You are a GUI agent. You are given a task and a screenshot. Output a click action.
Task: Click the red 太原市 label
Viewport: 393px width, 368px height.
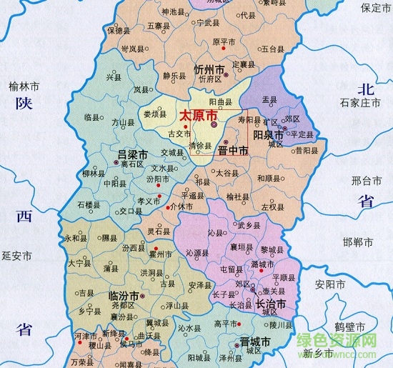(x=195, y=115)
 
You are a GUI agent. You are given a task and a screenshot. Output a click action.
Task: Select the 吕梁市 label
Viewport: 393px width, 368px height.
(x=132, y=154)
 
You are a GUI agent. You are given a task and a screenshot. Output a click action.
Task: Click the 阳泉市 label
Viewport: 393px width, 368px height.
(x=269, y=133)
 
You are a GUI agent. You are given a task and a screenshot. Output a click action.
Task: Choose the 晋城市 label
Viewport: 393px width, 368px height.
(x=254, y=342)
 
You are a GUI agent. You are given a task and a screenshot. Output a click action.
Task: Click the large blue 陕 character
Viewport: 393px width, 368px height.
(x=23, y=106)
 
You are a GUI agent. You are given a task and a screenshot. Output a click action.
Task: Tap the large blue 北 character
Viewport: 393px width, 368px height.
(x=366, y=89)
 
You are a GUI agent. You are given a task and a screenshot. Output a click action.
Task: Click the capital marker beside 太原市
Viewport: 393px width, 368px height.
(x=214, y=124)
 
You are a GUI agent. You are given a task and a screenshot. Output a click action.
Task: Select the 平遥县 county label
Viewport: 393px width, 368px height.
(x=193, y=194)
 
